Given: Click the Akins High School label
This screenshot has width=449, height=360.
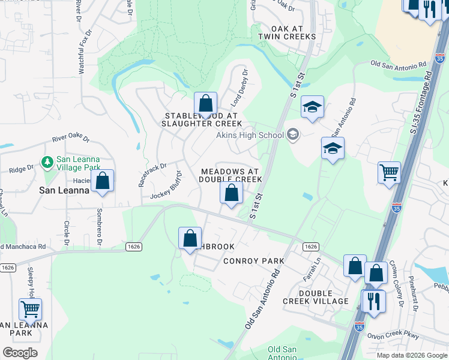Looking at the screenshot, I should pos(250,135).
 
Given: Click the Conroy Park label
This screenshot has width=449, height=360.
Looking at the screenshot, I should pos(253,261).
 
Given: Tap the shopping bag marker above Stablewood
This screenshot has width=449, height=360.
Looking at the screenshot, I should pos(205,104).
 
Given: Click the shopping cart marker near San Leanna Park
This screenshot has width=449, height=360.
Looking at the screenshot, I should pos(30,310).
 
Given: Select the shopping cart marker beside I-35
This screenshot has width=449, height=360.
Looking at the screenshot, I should pos(389,173).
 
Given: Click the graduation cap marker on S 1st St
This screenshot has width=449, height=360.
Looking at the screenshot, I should pos(312,107).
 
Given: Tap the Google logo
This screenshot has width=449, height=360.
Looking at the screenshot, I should pos(19,352).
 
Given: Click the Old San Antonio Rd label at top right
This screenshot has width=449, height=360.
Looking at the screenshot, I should pos(399,63).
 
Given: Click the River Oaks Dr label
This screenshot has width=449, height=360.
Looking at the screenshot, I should pos(70,139).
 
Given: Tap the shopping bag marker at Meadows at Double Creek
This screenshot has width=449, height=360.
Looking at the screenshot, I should pos(231,193).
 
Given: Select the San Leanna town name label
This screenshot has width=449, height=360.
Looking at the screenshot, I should pos(64,190).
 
